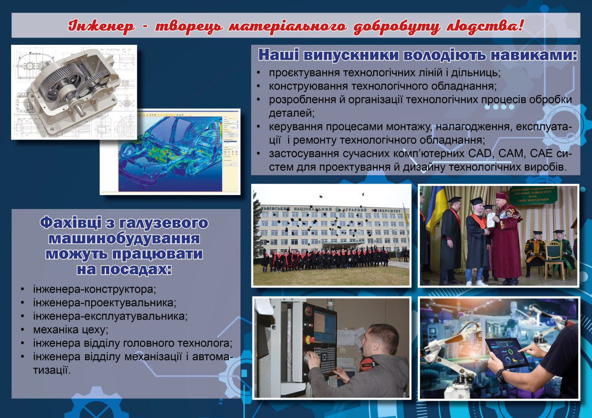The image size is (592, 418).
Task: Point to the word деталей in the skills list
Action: pos(291,113)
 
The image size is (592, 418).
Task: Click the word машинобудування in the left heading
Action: pos(124,239)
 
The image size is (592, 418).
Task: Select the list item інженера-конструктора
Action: pos(94,289)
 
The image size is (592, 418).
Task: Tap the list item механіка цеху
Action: pos(71,330)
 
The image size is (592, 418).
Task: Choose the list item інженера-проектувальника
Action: pos(105,303)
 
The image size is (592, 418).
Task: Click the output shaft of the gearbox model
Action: pos(82,110)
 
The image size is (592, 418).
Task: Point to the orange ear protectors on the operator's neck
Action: pos(367,364)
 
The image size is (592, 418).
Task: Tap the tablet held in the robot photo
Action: pos(506,353)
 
